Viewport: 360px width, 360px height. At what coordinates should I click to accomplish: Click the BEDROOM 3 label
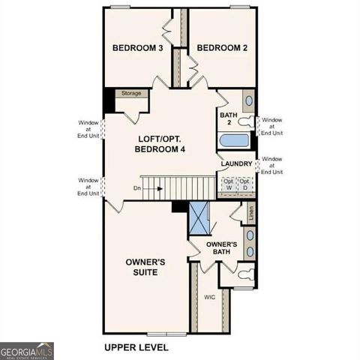click(x=138, y=48)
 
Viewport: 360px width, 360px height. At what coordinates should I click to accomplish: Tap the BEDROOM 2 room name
click(x=222, y=48)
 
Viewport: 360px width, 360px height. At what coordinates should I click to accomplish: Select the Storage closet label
click(x=131, y=94)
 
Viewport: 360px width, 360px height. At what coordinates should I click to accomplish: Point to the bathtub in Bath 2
click(x=235, y=140)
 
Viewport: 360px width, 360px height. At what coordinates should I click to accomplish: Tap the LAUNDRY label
click(x=236, y=164)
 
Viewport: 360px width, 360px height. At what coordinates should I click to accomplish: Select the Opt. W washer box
click(x=228, y=184)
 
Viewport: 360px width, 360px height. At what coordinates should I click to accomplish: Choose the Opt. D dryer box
click(x=244, y=184)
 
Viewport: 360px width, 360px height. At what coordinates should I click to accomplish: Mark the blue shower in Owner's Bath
click(x=199, y=219)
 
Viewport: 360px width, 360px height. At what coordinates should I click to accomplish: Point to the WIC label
click(x=210, y=297)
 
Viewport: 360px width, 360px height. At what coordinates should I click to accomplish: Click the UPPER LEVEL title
click(x=136, y=347)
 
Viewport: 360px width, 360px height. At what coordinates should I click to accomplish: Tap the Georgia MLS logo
click(x=27, y=350)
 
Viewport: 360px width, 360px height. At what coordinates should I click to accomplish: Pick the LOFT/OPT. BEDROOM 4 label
click(x=160, y=144)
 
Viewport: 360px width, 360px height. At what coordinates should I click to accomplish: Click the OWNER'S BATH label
click(x=222, y=249)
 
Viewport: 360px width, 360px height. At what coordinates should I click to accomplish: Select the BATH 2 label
click(x=228, y=119)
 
